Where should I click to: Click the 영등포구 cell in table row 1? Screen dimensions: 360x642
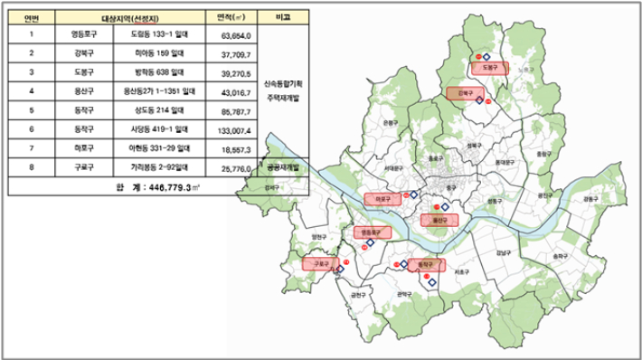point(88,35)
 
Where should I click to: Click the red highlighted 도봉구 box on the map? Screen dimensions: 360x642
point(491,67)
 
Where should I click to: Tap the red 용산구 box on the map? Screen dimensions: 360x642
point(440,220)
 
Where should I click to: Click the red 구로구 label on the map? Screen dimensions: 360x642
point(319,264)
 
